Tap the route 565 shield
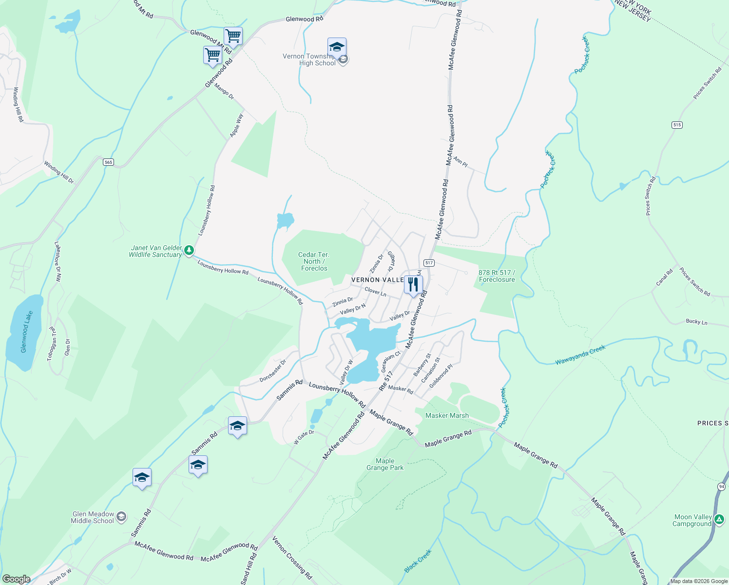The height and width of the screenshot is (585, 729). tap(108, 162)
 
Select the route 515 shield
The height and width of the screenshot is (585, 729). tap(677, 125)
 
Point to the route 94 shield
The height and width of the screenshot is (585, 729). tap(721, 487)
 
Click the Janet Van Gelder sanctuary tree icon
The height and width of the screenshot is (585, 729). tap(189, 251)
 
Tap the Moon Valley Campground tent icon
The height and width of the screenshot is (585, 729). tap(718, 520)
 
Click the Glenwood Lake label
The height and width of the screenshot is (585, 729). tap(27, 331)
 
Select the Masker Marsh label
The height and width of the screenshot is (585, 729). tap(447, 415)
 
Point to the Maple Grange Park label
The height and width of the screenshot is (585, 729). tap(385, 464)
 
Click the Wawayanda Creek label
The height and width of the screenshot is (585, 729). tap(580, 355)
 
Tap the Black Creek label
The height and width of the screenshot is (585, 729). tap(418, 561)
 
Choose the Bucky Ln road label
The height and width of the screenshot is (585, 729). tap(696, 322)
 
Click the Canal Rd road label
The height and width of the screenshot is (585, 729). tap(664, 277)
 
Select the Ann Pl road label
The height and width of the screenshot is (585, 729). tap(460, 161)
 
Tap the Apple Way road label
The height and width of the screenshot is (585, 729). tap(236, 125)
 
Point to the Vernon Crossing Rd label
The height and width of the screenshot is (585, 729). tap(292, 558)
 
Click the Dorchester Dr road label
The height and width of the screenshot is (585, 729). tap(272, 371)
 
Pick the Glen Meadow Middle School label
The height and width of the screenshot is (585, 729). tap(93, 517)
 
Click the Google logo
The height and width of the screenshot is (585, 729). tap(16, 579)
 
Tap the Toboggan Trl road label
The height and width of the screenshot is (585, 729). tap(52, 344)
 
